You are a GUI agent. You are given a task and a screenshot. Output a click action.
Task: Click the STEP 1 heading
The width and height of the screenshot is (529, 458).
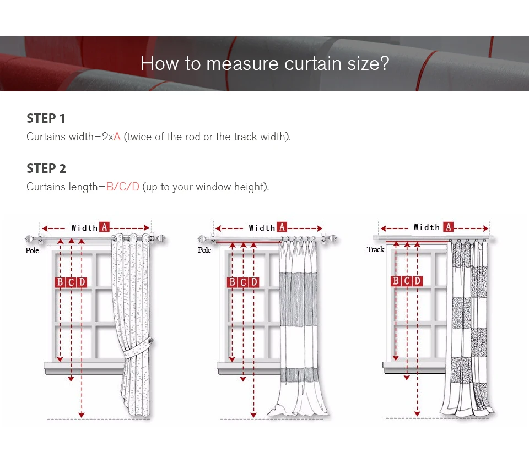click(x=46, y=118)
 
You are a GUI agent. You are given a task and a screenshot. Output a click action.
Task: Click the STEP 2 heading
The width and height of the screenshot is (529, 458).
click(x=46, y=168)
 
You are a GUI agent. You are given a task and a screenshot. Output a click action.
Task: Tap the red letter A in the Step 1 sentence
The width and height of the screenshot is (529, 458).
click(x=117, y=137)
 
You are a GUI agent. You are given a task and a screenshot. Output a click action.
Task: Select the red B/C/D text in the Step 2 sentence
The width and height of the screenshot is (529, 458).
click(x=122, y=187)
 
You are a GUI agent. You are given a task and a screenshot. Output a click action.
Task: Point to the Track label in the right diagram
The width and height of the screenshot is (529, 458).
click(x=375, y=249)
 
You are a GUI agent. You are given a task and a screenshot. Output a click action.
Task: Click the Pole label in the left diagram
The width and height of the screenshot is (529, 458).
click(x=33, y=250)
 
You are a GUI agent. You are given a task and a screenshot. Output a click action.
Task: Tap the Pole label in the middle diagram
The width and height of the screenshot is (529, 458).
click(x=204, y=250)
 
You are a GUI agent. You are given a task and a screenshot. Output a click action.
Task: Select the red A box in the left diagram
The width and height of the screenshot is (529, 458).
click(x=104, y=227)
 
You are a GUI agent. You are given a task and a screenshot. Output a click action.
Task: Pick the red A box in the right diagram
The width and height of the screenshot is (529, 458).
click(x=448, y=227)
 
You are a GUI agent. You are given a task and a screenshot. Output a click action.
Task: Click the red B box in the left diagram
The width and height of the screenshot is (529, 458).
click(x=60, y=282)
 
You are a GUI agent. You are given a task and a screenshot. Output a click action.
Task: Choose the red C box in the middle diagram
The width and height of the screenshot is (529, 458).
click(x=243, y=282)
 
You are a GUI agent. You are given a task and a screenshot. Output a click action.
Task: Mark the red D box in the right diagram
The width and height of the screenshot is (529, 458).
click(x=418, y=281)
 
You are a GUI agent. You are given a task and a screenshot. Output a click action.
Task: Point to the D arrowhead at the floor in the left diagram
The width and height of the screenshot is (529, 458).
click(x=82, y=415)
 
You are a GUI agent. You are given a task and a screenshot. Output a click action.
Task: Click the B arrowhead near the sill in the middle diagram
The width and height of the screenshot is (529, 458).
click(x=232, y=359)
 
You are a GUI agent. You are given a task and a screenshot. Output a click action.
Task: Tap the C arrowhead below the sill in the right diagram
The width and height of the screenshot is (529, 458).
click(x=407, y=378)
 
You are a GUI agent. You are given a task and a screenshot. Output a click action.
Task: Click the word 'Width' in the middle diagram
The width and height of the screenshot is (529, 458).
click(x=262, y=228)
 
